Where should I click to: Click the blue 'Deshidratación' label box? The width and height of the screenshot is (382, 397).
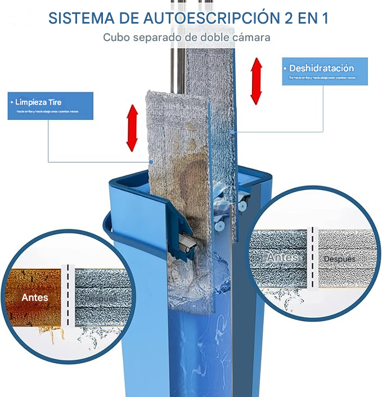(x=325, y=71)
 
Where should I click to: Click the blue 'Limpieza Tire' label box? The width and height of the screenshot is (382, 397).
(x=51, y=106)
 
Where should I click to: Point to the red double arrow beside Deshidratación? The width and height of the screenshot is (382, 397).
(x=256, y=81)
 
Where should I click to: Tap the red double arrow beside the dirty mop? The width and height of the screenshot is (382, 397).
(x=132, y=128)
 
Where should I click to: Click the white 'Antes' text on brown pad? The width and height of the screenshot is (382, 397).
(x=35, y=297)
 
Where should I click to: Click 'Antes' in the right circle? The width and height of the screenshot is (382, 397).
(x=282, y=258)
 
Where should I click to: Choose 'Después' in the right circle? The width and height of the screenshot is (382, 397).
(x=340, y=259)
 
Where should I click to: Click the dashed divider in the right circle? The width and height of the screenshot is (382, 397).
(x=311, y=259)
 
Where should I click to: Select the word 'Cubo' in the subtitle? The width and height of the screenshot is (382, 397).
(x=115, y=38)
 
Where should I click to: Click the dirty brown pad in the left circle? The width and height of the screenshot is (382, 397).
(x=35, y=281)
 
